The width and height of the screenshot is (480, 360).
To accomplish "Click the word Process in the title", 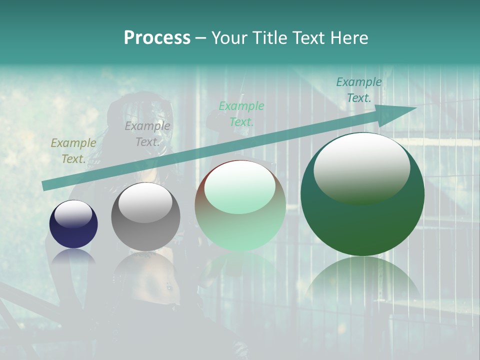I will pyautogui.click(x=157, y=38).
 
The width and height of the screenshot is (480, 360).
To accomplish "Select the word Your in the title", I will pyautogui.click(x=230, y=38).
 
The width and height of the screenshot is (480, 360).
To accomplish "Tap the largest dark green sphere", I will pyautogui.click(x=362, y=220).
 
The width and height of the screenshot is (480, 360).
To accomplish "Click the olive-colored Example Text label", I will pyautogui.click(x=73, y=150).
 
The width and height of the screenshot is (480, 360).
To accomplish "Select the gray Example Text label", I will pyautogui.click(x=147, y=133).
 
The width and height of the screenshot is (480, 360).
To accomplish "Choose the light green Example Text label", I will pyautogui.click(x=241, y=113).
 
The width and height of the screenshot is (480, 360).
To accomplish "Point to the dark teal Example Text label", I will pyautogui.click(x=358, y=90).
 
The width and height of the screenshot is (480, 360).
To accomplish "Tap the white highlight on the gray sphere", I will pyautogui.click(x=145, y=202).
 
